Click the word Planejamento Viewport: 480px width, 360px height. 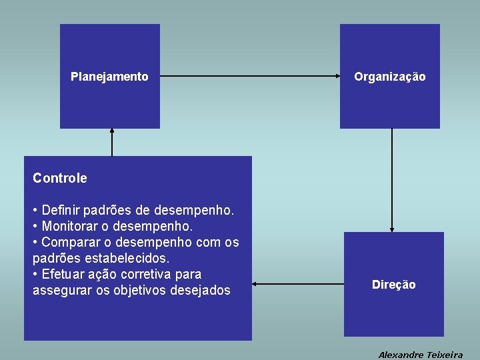(x=109, y=77)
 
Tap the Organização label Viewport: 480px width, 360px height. (x=389, y=77)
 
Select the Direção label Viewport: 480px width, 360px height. (x=393, y=285)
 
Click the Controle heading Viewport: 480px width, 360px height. (x=59, y=178)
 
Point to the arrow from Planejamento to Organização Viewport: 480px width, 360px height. (x=250, y=76)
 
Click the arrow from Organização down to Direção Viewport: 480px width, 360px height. (x=392, y=180)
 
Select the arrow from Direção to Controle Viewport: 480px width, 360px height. (x=297, y=285)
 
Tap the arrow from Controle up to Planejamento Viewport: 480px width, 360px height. (x=112, y=142)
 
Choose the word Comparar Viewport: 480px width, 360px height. (x=70, y=242)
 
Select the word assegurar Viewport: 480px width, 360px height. (x=59, y=290)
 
